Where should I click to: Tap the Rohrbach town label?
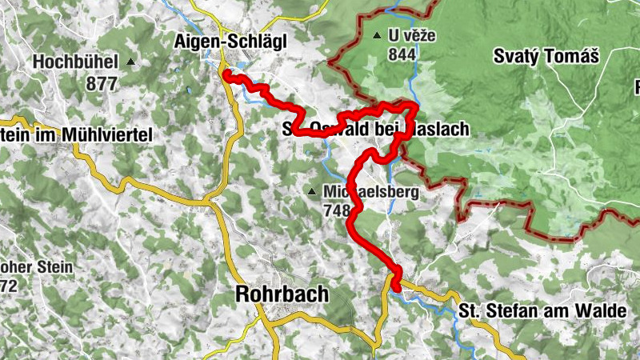[282, 294]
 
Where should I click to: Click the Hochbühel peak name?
[76, 62]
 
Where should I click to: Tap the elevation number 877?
[103, 82]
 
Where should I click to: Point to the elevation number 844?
[401, 54]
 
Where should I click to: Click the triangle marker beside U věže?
[376, 36]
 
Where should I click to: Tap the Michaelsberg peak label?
[366, 192]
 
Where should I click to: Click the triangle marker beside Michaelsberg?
[312, 192]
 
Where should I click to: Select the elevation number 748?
[337, 211]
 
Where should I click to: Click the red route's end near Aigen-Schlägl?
[227, 75]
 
